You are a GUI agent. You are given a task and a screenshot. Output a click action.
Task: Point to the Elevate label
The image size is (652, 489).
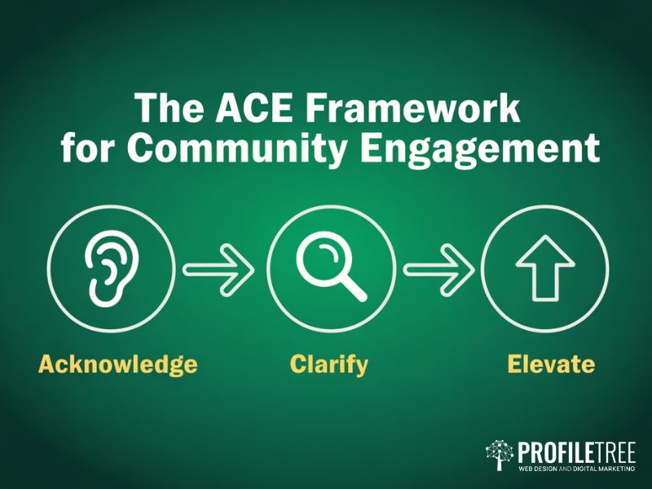tap(551, 363)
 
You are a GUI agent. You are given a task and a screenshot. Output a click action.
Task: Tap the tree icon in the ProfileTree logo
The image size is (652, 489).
tap(499, 455)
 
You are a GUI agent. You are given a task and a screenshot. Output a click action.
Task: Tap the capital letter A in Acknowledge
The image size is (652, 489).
tap(47, 363)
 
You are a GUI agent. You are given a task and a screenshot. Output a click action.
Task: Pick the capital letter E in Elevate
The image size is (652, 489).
tap(513, 363)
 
